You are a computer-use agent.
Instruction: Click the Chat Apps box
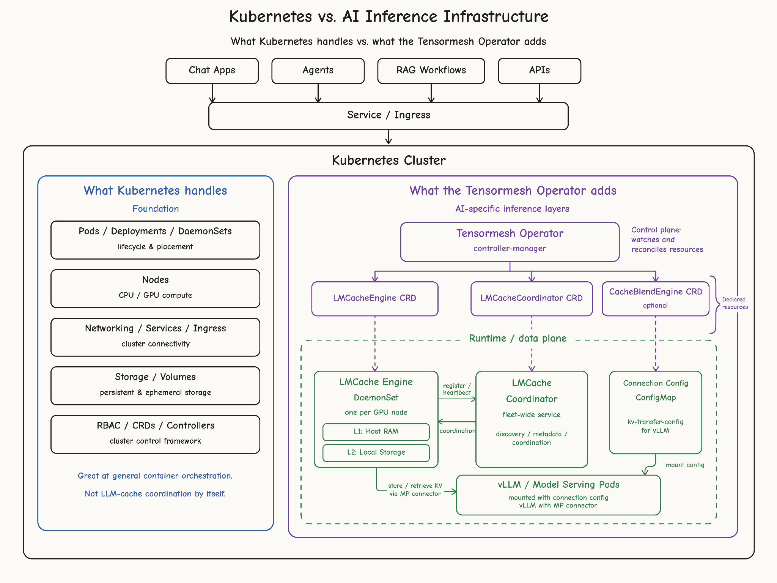click(x=212, y=71)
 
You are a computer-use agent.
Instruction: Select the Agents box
click(x=318, y=71)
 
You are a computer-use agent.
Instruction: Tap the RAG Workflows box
click(x=431, y=71)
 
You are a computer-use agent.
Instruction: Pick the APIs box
click(x=539, y=71)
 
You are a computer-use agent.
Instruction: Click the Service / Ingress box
click(x=388, y=116)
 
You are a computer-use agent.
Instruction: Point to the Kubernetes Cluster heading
click(x=388, y=160)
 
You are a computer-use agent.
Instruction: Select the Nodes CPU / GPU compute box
click(x=156, y=288)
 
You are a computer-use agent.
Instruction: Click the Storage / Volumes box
click(x=156, y=386)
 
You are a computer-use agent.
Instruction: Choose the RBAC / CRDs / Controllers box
click(x=156, y=434)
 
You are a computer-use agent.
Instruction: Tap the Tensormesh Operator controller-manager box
click(x=510, y=242)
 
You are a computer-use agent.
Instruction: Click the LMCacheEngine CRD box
click(x=375, y=299)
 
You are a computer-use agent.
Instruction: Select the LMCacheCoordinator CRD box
click(x=532, y=299)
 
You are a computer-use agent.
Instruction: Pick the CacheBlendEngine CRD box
click(x=656, y=299)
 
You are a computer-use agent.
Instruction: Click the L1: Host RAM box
click(x=376, y=432)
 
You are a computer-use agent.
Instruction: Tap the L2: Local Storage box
click(x=376, y=453)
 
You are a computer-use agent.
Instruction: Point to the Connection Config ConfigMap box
click(x=656, y=412)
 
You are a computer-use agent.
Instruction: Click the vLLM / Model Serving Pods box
click(x=558, y=495)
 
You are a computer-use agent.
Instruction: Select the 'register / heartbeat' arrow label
click(x=457, y=389)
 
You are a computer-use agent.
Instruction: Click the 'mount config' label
click(x=685, y=465)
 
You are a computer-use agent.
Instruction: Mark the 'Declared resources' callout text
click(x=735, y=303)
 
